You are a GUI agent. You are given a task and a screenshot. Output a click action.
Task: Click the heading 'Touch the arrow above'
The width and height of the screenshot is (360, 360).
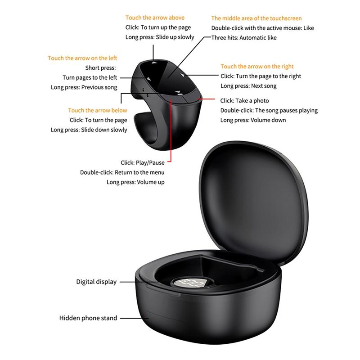pos(155,18)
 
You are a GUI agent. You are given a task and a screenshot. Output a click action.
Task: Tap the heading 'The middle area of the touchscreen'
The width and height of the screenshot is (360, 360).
pos(256,18)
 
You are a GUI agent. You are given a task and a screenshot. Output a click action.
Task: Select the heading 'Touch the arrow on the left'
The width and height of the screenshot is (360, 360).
pos(82,58)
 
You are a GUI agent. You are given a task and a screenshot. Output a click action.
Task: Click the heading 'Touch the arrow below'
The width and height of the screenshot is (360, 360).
pos(98,110)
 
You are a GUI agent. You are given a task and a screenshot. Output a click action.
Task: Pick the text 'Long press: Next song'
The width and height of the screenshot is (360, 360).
pos(248,86)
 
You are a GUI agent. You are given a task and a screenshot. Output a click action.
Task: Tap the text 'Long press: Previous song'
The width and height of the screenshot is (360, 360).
pos(84,87)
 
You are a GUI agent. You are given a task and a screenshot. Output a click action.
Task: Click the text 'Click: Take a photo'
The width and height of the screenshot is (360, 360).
pos(244,101)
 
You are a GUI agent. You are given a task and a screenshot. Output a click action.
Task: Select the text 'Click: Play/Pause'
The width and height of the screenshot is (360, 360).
pos(142,162)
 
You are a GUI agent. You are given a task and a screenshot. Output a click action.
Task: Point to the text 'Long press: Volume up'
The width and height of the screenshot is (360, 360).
pos(135,182)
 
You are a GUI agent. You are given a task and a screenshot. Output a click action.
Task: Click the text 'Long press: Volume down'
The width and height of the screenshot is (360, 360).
pos(253,120)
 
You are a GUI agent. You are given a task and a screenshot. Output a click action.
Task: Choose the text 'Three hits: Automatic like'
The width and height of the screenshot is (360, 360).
pos(244,38)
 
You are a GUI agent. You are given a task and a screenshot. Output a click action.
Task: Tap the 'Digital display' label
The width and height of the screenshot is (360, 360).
pos(96,282)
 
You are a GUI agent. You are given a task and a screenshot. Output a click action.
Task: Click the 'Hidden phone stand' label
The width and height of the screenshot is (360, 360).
pos(88,318)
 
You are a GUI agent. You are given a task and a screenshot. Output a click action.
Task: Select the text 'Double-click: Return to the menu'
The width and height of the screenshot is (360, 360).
pos(122,172)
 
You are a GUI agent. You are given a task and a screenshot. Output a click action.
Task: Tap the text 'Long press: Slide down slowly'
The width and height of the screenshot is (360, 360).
pos(89,130)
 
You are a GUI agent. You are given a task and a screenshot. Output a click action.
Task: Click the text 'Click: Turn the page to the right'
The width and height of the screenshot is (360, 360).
pos(261,76)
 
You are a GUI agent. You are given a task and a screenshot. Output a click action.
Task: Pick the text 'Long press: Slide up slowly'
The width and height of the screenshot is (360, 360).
pos(160,37)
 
